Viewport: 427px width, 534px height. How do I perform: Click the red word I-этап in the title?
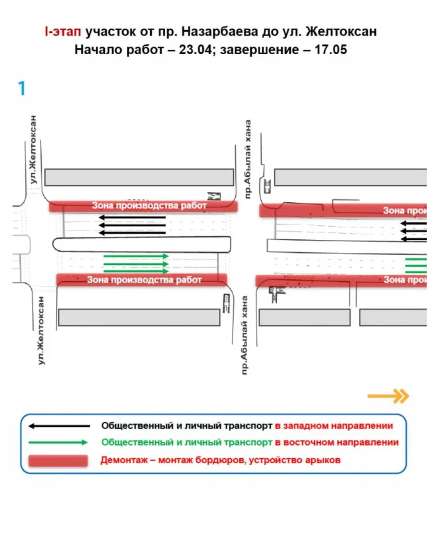click(62, 32)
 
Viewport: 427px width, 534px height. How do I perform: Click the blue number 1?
click(21, 89)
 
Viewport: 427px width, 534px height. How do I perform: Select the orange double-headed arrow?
click(388, 396)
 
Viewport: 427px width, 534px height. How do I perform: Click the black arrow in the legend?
click(57, 426)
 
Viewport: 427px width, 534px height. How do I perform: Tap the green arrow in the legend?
click(57, 442)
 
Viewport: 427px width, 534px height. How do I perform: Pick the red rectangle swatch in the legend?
click(57, 460)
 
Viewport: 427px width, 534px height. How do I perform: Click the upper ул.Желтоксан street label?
click(34, 149)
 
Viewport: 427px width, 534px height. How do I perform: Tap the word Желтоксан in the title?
click(341, 32)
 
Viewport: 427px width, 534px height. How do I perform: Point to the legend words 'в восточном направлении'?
click(336, 442)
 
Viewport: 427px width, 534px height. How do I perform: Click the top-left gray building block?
click(139, 177)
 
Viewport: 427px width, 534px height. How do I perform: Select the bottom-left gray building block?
click(139, 317)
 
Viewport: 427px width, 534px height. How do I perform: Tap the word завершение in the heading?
click(270, 51)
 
